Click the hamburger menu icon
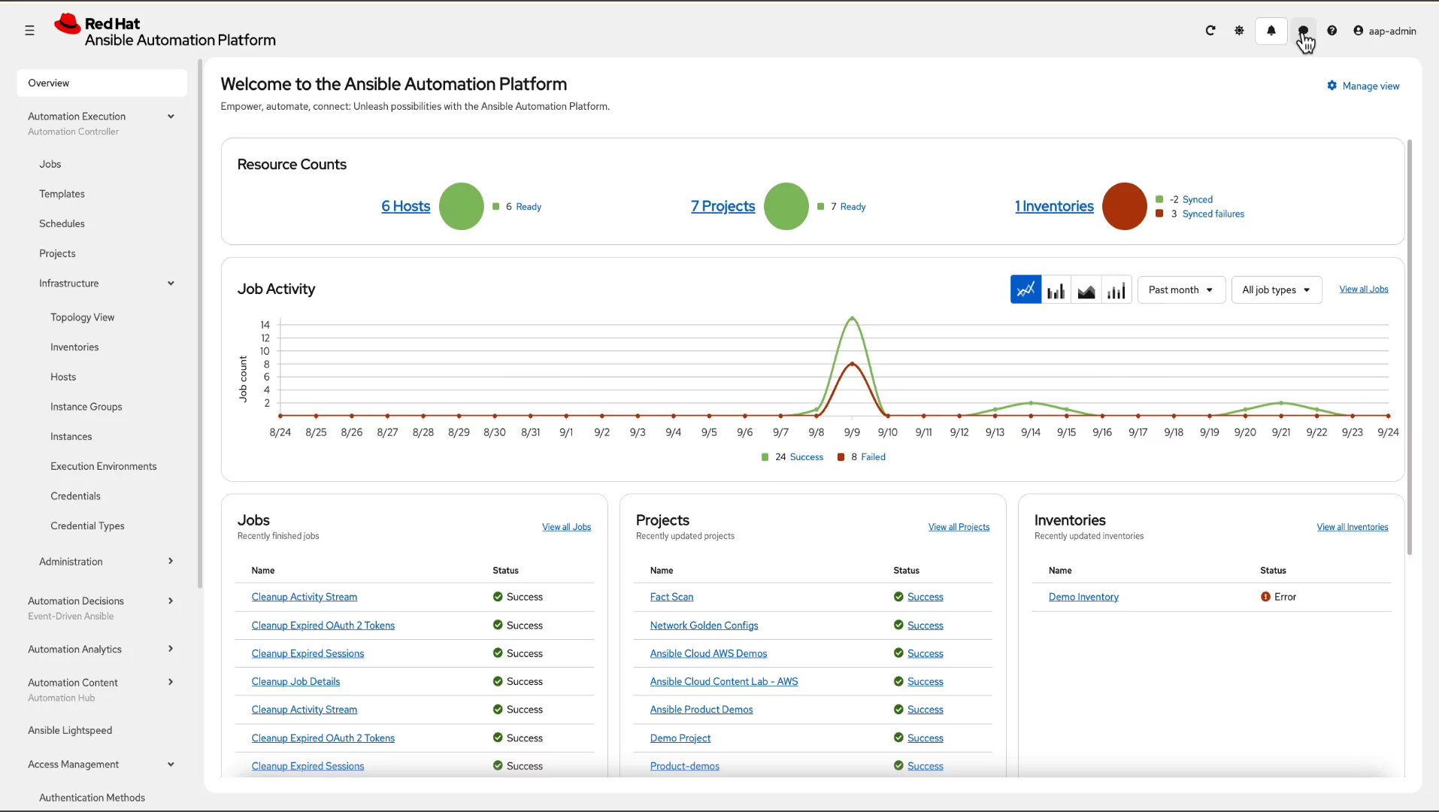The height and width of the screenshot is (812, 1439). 29,31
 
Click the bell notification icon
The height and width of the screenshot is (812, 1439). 1271,31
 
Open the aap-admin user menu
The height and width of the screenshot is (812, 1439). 1385,31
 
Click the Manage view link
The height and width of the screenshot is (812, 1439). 1364,86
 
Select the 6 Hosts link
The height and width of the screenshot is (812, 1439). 405,206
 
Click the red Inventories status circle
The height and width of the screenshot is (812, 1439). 1124,206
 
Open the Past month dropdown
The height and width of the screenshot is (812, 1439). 1180,289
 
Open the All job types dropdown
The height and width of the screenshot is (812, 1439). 1276,289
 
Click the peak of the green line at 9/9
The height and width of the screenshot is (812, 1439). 852,318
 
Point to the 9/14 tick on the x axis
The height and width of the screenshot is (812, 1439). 1030,432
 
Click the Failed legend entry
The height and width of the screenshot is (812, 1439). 872,457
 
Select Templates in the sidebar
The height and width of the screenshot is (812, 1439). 62,194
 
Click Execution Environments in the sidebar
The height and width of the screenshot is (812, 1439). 104,466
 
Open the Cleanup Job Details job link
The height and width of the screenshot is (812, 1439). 295,681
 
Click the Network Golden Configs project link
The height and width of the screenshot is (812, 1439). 704,626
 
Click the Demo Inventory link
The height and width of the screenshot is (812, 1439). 1083,597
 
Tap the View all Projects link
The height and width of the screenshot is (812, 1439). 959,527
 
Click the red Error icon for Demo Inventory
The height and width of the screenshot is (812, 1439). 1265,597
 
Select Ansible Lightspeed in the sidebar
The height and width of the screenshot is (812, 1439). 70,730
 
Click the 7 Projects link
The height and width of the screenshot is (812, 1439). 723,206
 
